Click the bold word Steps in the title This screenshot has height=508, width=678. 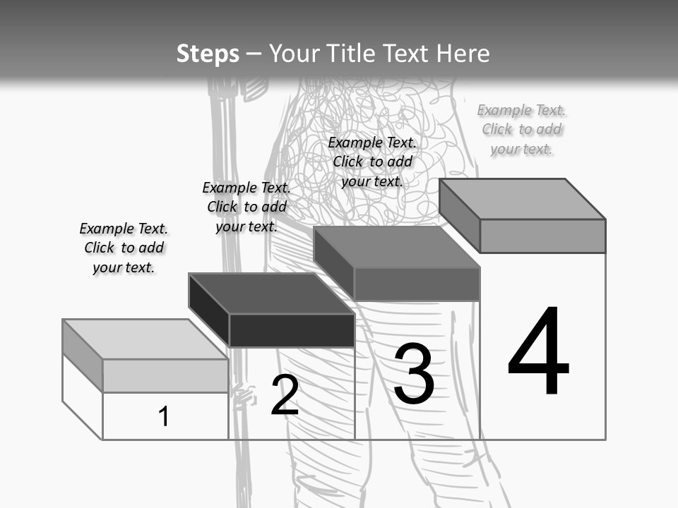(x=208, y=54)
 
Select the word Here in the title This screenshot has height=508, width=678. (x=463, y=54)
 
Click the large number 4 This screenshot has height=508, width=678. (x=538, y=350)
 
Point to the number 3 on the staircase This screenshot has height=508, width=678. (x=414, y=373)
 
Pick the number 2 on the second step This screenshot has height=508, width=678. (x=285, y=394)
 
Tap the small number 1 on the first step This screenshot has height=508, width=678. (x=163, y=416)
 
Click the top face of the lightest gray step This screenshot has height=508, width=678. (x=145, y=339)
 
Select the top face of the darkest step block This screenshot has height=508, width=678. (x=271, y=294)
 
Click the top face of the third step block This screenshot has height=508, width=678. (x=397, y=247)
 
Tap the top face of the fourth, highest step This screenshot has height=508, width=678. (x=523, y=199)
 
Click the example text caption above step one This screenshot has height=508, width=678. (x=124, y=248)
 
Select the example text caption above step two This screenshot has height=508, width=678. (x=246, y=207)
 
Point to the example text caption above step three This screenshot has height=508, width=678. (x=372, y=162)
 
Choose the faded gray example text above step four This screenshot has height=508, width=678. (x=521, y=130)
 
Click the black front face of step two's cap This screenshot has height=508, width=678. (x=292, y=330)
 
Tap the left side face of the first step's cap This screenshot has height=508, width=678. (x=83, y=356)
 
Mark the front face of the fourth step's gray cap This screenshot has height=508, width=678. (x=542, y=236)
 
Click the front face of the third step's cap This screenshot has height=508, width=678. (x=417, y=284)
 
